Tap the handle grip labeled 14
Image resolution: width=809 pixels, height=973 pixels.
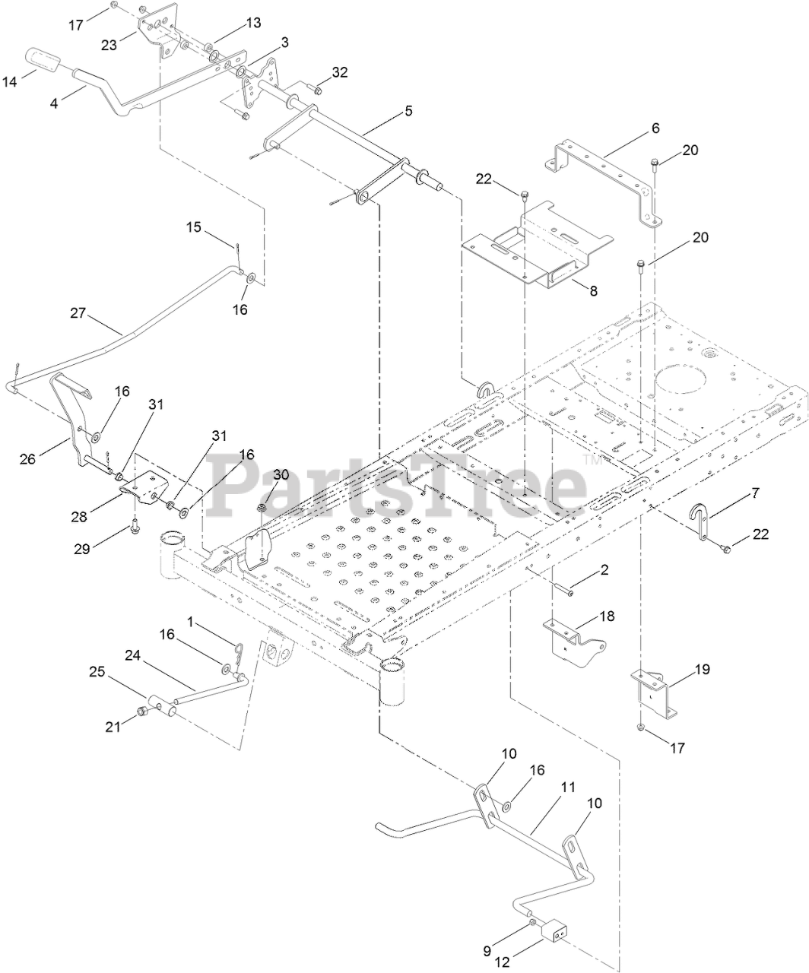tap(45, 59)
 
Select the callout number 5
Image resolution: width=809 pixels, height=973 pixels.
tap(408, 111)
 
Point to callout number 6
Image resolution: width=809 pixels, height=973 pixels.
tap(655, 129)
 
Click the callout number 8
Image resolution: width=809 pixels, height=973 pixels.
tap(594, 290)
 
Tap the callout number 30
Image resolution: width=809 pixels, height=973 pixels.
tap(281, 474)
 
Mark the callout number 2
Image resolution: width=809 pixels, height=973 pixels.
tap(604, 569)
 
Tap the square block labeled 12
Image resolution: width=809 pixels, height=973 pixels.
tap(557, 930)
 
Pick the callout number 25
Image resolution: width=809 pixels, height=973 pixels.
tap(97, 672)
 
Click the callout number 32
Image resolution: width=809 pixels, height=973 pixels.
tap(339, 72)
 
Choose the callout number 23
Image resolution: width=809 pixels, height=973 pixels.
tap(109, 45)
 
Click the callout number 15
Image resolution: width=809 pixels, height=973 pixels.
tap(194, 227)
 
